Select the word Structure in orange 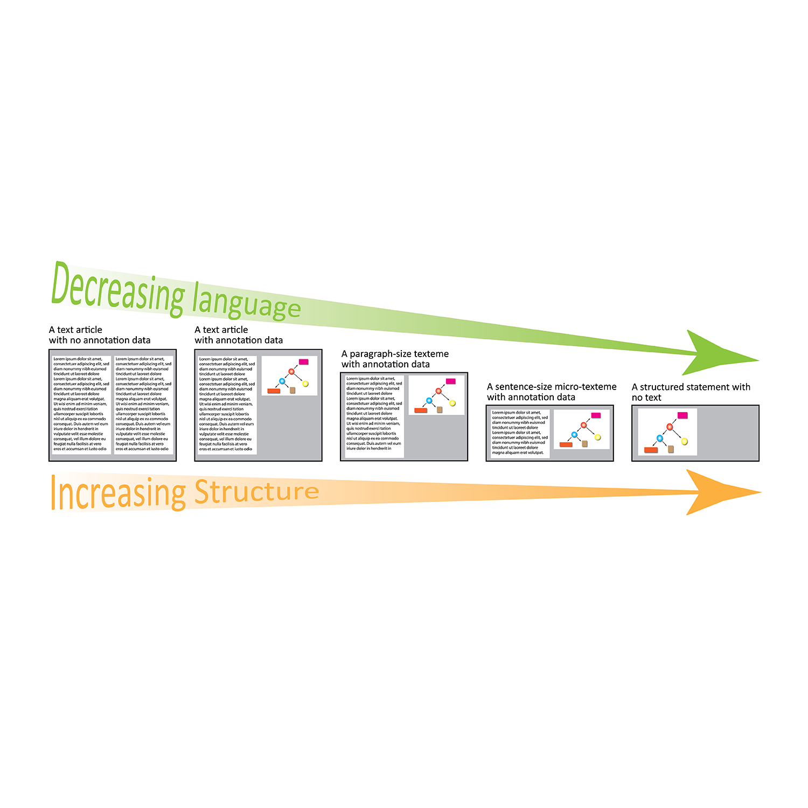(x=256, y=492)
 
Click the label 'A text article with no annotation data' (x=99, y=335)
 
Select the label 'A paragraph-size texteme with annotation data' (x=394, y=359)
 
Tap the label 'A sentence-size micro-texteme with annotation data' (x=551, y=392)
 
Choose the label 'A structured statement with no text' (x=690, y=392)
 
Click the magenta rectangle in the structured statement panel (x=682, y=415)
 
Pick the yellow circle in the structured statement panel (x=685, y=442)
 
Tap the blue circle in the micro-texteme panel (x=574, y=435)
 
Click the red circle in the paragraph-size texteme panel (x=438, y=391)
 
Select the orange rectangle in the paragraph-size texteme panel (x=421, y=410)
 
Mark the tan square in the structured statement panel (x=671, y=449)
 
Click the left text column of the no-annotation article (x=81, y=403)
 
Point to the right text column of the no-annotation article (x=143, y=403)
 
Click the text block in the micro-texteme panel (x=519, y=433)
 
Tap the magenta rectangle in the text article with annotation (x=303, y=362)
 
